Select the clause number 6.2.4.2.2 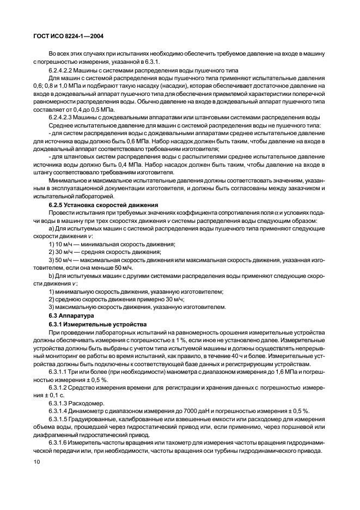(63, 71)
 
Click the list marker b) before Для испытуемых (52, 276)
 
